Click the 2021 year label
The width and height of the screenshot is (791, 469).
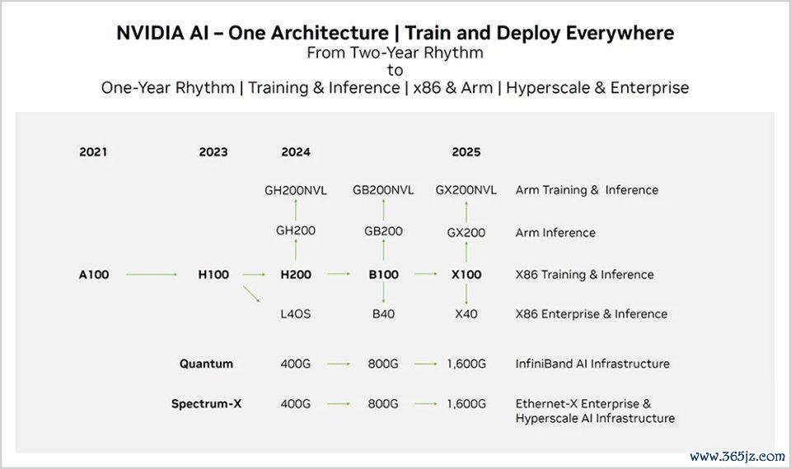pos(93,152)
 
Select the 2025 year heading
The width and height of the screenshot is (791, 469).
pos(466,152)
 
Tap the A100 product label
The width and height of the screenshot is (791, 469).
pos(94,275)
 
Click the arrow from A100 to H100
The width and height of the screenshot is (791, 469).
pos(152,275)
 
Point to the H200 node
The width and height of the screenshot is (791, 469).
pos(296,275)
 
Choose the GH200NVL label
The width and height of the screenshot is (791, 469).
pos(296,190)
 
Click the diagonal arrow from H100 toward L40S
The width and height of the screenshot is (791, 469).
pos(251,295)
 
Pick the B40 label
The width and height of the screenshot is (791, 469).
pos(383,313)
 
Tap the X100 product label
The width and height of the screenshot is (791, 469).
pos(466,275)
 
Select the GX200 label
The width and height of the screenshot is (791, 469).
pos(466,233)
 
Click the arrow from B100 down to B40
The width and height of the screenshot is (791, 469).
pos(383,293)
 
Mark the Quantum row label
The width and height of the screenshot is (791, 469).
pos(206,364)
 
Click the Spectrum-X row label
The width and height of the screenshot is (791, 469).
pos(206,404)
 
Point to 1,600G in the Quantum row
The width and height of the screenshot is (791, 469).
pos(466,364)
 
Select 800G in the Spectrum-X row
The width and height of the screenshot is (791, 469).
pos(383,404)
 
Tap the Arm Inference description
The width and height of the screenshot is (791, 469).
pos(555,233)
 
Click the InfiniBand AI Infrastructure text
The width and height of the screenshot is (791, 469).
pos(592,364)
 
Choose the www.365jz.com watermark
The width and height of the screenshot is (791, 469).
pos(737,457)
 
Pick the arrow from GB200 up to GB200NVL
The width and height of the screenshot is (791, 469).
pos(383,210)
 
